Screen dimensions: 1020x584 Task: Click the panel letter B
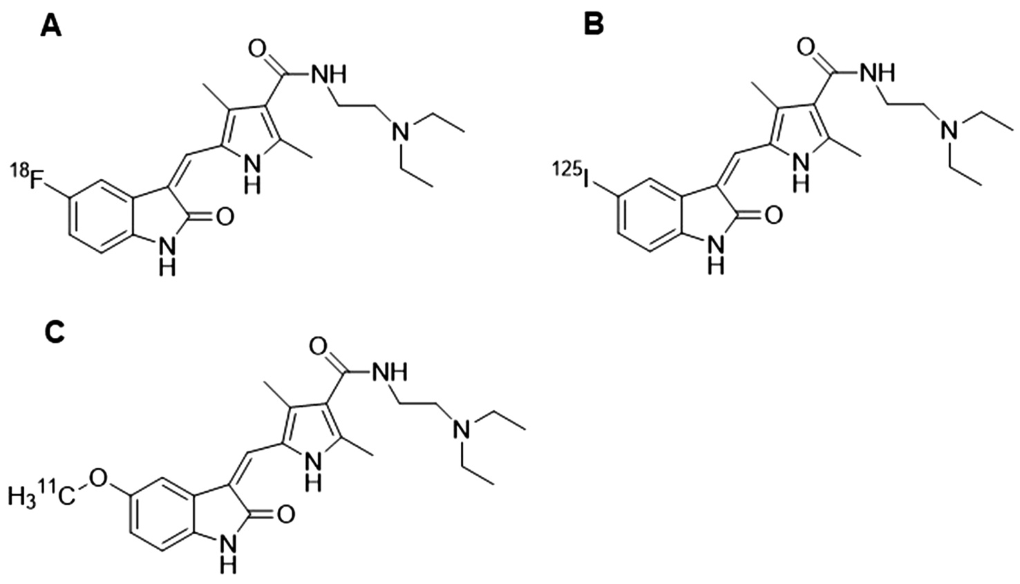click(594, 24)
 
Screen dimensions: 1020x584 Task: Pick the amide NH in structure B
click(876, 71)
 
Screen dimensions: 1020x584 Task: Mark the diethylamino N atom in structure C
click(459, 431)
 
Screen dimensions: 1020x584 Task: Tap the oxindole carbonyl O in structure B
click(773, 215)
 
